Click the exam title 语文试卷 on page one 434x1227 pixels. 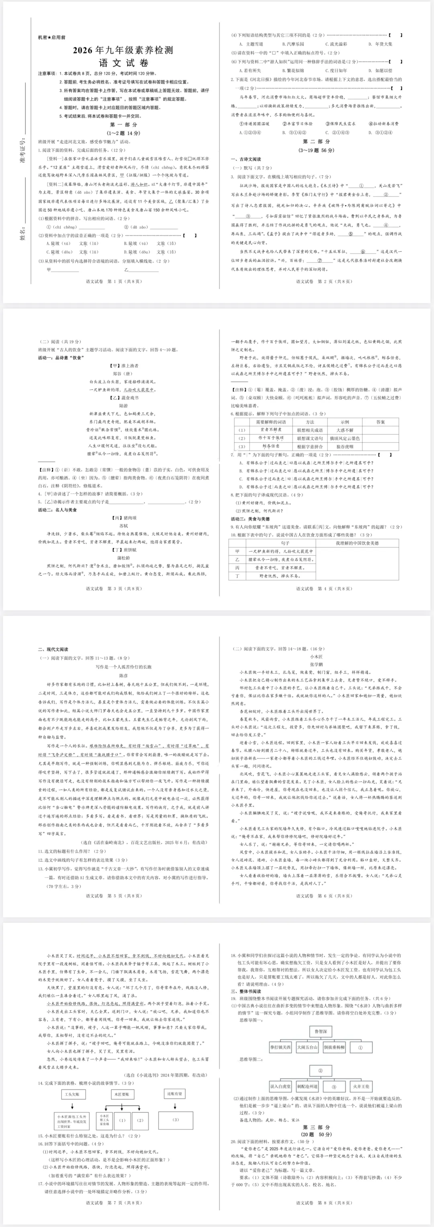pyautogui.click(x=123, y=63)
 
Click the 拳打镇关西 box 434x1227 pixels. pyautogui.click(x=280, y=1048)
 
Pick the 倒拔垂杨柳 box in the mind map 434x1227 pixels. pyautogui.click(x=334, y=1048)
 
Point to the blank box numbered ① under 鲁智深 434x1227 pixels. pyautogui.click(x=360, y=1048)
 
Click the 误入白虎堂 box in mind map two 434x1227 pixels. pyautogui.click(x=280, y=1087)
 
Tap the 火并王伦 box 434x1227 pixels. pyautogui.click(x=360, y=1087)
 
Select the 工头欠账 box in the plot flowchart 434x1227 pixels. pyautogui.click(x=72, y=1094)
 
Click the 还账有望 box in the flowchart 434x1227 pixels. pyautogui.click(x=174, y=1094)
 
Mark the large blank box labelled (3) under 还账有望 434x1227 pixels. pyautogui.click(x=176, y=1120)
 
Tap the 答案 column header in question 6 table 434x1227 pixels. pyautogui.click(x=380, y=422)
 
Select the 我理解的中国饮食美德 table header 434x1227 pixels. pyautogui.click(x=357, y=543)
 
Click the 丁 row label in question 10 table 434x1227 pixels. pyautogui.click(x=237, y=576)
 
